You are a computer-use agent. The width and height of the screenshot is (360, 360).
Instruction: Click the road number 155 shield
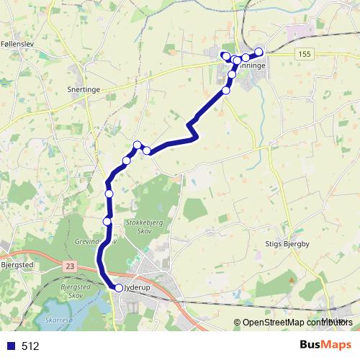[x=304, y=54]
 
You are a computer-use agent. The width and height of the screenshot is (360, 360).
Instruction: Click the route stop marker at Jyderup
[x=119, y=288]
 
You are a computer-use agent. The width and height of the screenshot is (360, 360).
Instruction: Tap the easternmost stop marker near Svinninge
[x=259, y=52]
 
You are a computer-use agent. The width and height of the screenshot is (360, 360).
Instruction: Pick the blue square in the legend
[x=11, y=346]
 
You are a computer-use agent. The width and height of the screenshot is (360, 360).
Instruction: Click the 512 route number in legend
[x=30, y=346]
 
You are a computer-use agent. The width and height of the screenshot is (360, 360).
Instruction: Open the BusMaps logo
[x=326, y=345]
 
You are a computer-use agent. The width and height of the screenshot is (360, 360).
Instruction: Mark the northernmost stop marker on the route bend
[x=137, y=145]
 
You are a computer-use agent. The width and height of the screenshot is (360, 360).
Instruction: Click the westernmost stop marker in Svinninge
[x=225, y=56]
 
